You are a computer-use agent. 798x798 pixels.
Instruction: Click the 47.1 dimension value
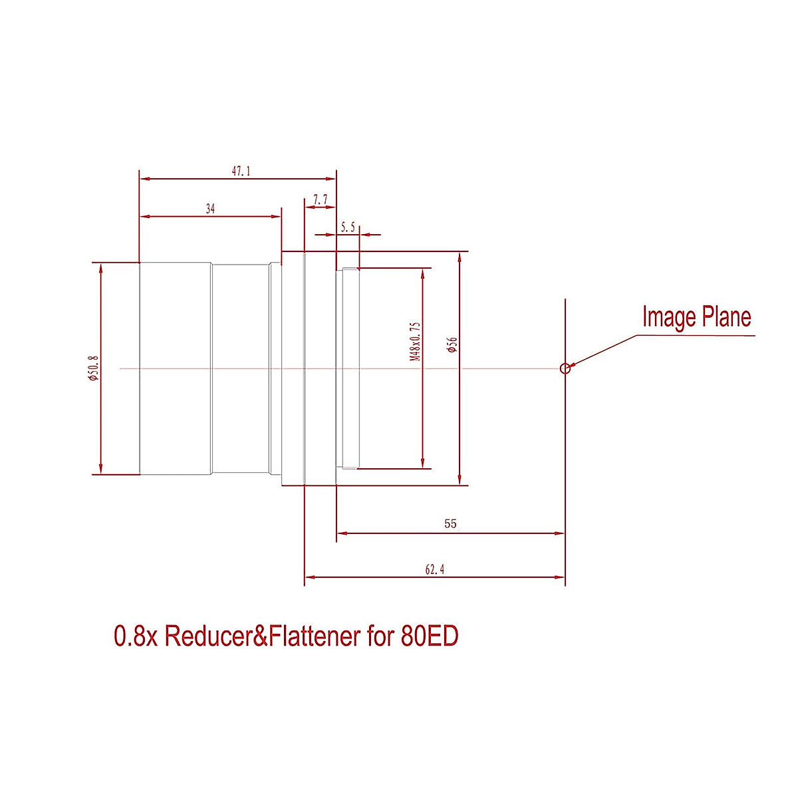click(241, 172)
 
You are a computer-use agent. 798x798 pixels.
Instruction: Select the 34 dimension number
click(210, 209)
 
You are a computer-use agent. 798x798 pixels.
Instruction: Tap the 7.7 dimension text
click(320, 199)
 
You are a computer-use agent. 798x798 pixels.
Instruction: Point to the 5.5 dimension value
click(348, 227)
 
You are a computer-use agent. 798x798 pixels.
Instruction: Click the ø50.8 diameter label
click(93, 368)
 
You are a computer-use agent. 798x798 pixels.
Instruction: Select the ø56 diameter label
click(453, 344)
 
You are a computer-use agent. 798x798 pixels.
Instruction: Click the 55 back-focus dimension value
click(450, 524)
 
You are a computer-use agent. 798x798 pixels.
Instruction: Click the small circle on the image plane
click(565, 368)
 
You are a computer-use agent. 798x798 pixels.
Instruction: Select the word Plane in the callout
click(726, 317)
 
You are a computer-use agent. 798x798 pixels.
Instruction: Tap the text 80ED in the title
click(430, 636)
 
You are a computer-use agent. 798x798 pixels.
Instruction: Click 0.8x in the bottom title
click(136, 636)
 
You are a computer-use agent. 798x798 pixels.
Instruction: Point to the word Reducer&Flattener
click(261, 636)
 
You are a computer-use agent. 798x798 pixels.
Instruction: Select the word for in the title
click(380, 636)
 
